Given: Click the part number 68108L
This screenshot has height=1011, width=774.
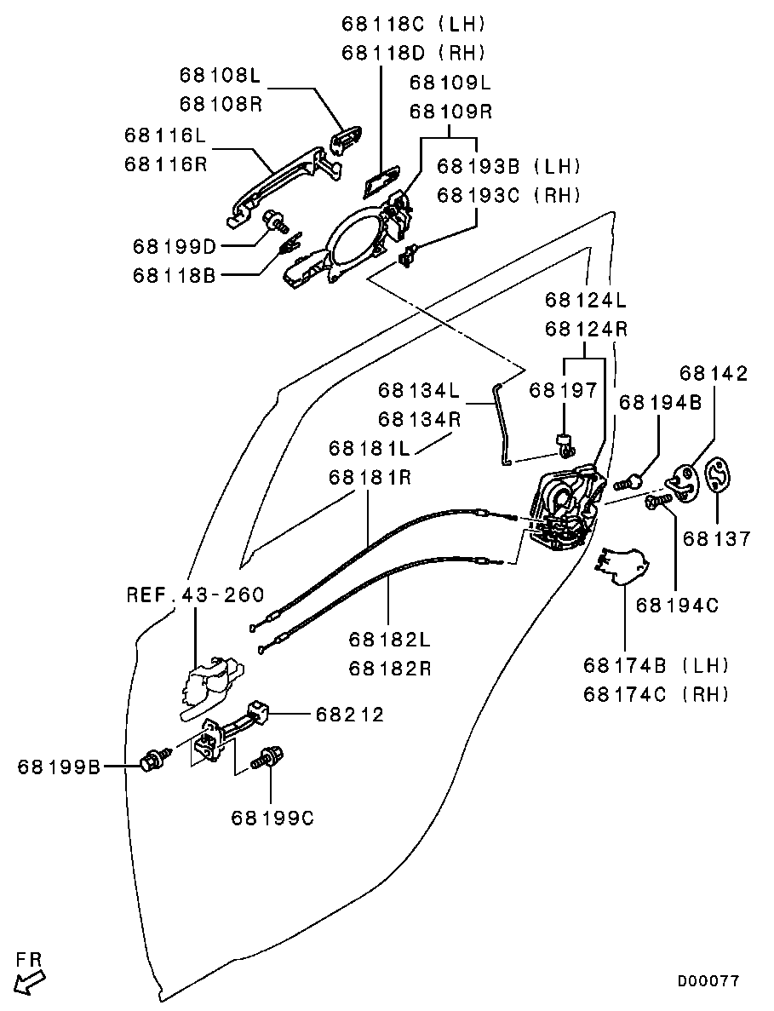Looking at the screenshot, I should click(219, 75).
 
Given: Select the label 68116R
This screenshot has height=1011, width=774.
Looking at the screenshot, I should click(165, 164).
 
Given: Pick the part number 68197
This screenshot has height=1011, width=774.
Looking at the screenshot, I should click(564, 390).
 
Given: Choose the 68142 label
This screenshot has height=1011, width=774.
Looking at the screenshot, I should click(714, 374).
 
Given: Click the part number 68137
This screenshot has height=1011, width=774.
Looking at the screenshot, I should click(717, 538).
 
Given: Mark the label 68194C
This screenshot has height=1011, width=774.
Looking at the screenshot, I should click(677, 605).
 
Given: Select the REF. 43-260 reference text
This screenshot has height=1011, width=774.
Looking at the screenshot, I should click(195, 595).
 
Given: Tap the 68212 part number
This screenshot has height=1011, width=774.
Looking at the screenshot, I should click(349, 714).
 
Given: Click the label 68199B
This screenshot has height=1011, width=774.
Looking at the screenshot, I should click(58, 767).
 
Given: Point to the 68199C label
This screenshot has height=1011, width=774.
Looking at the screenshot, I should click(272, 818).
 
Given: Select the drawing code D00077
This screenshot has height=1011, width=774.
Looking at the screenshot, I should click(708, 981).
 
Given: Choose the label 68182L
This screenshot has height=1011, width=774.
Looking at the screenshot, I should click(388, 639).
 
